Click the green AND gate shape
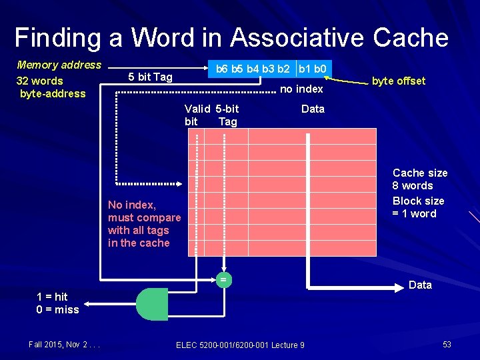click(152, 304)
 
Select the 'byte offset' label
click(398, 81)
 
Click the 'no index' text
click(301, 89)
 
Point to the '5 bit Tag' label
click(150, 77)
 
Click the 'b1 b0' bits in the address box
click(312, 69)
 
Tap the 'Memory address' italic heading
click(59, 65)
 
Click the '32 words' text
click(39, 81)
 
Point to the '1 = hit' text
click(52, 297)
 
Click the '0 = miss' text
click(57, 309)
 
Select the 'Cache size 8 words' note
click(420, 179)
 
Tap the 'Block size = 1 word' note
click(418, 207)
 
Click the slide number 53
click(447, 344)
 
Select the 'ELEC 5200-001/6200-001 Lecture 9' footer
click(240, 345)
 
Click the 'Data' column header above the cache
click(313, 109)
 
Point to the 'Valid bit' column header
click(195, 115)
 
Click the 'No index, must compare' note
click(144, 211)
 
